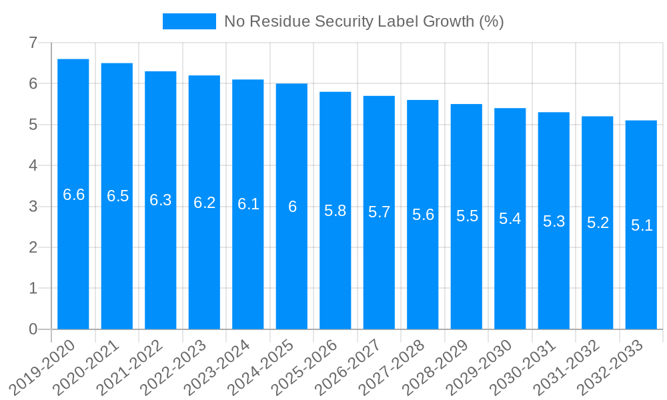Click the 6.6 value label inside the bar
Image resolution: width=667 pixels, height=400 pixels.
(x=73, y=195)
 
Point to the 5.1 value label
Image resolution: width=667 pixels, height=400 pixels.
(x=642, y=225)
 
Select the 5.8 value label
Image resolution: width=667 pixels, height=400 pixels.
(x=336, y=211)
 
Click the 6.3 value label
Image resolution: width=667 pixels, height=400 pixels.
(x=161, y=200)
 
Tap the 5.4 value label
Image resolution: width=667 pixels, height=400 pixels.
(x=510, y=219)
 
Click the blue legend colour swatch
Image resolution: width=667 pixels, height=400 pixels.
(x=189, y=21)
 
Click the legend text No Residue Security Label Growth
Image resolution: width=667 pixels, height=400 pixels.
(x=364, y=21)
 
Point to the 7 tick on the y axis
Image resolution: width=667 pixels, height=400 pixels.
(x=33, y=43)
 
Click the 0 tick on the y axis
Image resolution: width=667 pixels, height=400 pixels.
(x=33, y=329)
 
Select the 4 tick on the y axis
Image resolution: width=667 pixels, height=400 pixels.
(x=33, y=165)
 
